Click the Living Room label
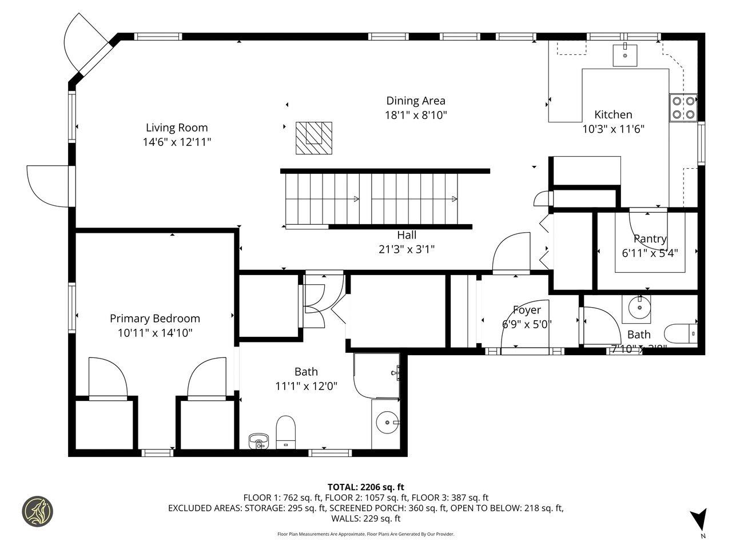(176, 128)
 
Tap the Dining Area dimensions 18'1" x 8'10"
(415, 115)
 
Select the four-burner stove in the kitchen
(683, 107)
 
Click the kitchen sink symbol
(624, 55)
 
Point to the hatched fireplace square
(313, 138)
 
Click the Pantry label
(650, 238)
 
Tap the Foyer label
(526, 310)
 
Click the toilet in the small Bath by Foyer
(681, 333)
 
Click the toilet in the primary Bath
(285, 432)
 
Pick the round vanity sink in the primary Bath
(387, 423)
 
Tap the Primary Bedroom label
(154, 319)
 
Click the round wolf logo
(37, 511)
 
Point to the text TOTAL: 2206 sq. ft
(365, 487)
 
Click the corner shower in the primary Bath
(376, 376)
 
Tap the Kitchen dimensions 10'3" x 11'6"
(613, 129)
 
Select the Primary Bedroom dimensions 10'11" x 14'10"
(154, 333)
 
